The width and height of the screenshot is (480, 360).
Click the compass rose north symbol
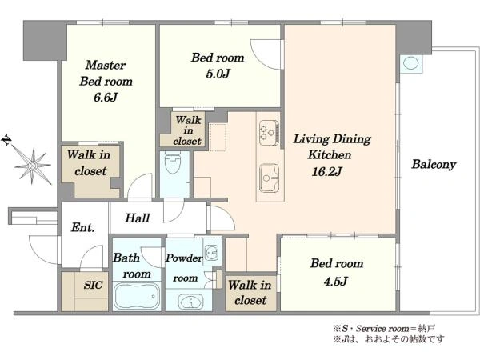click(x=33, y=166)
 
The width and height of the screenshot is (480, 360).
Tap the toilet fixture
click(x=173, y=162)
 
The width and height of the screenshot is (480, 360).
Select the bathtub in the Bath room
click(x=137, y=296)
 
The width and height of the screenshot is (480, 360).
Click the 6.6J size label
click(x=106, y=98)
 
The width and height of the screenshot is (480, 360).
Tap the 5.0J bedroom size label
click(x=218, y=74)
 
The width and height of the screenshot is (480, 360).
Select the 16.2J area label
click(x=326, y=171)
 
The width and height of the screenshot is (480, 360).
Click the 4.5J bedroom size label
click(x=335, y=281)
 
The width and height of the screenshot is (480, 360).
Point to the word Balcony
click(x=434, y=164)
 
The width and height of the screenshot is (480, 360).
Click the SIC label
click(x=93, y=286)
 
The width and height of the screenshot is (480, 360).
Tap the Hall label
click(x=137, y=218)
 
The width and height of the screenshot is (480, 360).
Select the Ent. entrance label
click(x=82, y=227)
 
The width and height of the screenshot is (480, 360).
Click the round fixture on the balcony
click(x=411, y=63)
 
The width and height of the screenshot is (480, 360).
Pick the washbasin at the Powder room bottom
click(x=190, y=302)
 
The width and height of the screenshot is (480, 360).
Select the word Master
click(x=106, y=65)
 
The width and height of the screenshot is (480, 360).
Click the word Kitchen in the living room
click(x=330, y=154)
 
